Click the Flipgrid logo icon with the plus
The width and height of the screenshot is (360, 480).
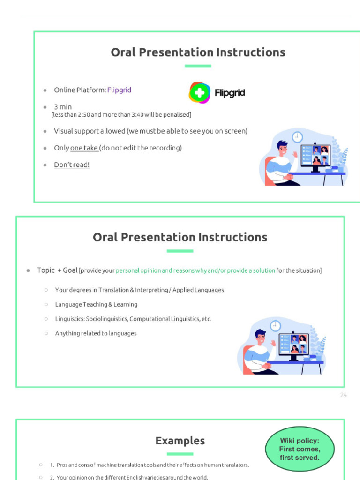tap(199, 92)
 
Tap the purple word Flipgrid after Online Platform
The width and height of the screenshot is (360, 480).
tap(119, 90)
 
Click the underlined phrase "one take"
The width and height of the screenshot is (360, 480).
tap(84, 148)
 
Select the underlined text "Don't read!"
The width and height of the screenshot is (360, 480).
tap(71, 165)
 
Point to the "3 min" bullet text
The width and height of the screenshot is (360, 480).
tap(63, 107)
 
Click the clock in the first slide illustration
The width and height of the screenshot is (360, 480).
tap(297, 137)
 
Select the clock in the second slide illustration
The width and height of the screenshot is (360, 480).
tap(275, 326)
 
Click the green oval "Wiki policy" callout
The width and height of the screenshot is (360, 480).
tap(300, 449)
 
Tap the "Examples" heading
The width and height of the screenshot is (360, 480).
tap(180, 441)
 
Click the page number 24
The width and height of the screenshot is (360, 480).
tap(344, 395)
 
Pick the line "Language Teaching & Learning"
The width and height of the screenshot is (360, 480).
tap(96, 305)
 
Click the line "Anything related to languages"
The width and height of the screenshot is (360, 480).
tap(96, 334)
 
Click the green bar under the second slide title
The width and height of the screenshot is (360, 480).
tap(180, 251)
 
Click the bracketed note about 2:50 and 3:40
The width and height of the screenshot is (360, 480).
tap(121, 115)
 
